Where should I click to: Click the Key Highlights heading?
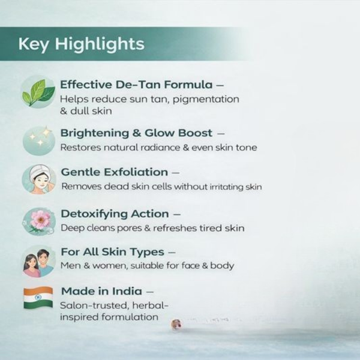81,44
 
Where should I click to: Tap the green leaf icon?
38,92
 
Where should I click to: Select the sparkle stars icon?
38,139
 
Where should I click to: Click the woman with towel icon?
38,178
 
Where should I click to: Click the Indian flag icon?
38,298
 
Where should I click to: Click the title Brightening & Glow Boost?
136,133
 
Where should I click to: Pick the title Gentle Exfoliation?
114,172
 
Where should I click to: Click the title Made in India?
101,291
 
